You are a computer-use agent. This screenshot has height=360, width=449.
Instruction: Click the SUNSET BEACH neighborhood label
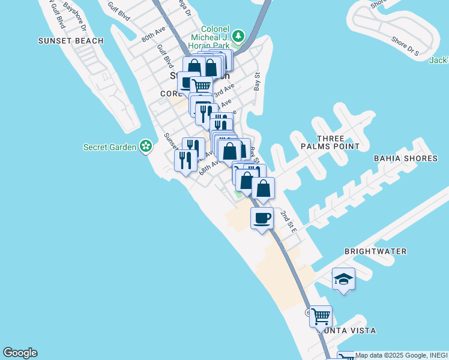(71, 41)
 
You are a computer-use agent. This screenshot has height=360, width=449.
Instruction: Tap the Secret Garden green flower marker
(145, 146)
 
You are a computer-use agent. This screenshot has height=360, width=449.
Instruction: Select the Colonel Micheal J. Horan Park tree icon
(238, 35)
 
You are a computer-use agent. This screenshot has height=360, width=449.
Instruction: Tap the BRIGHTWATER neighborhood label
(375, 251)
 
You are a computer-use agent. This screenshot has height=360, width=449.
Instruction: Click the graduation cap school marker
(343, 279)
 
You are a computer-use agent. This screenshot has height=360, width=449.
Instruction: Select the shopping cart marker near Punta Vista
(321, 315)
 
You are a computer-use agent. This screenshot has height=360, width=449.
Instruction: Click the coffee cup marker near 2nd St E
(262, 218)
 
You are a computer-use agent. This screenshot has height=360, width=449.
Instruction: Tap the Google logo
(20, 353)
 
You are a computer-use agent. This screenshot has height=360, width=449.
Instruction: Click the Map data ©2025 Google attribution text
(402, 355)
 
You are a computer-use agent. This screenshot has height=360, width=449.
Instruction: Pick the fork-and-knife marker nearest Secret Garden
(185, 160)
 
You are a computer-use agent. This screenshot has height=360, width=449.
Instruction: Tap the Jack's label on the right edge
(439, 60)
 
